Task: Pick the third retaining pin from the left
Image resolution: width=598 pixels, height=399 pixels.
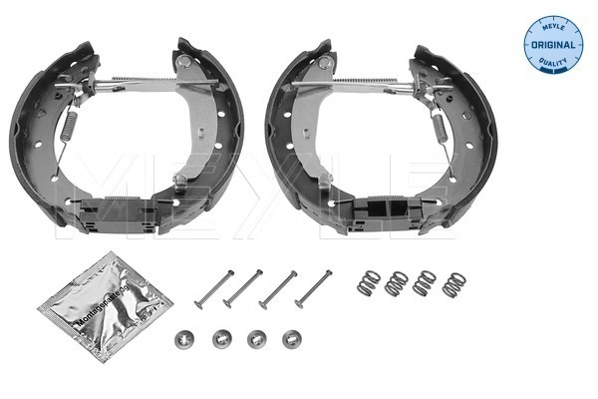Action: point(278,288)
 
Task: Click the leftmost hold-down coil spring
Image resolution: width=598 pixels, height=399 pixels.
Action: point(369,282)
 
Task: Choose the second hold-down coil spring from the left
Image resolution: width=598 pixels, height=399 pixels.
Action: point(398,282)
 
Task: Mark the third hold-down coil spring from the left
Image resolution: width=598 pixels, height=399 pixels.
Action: point(426,282)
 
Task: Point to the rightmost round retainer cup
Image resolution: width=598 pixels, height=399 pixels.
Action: point(290,337)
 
